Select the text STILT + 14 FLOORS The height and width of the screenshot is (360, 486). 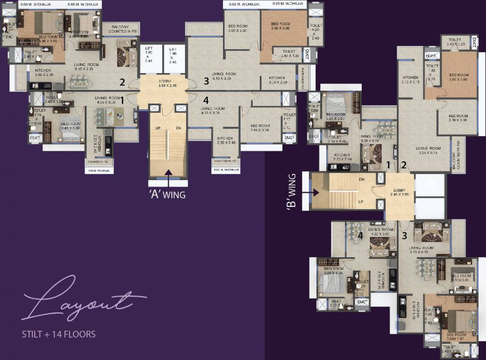point(59,334)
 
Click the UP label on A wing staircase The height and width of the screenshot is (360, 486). point(157,127)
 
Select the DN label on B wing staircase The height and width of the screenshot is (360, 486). point(361,180)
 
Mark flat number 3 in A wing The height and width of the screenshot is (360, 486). point(206,81)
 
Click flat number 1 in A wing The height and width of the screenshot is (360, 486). point(122,99)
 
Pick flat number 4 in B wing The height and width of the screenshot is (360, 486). point(360,236)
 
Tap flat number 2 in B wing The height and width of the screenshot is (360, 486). point(404,165)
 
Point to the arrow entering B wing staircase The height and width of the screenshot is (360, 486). point(315,192)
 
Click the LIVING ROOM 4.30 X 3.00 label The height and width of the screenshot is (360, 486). point(380,232)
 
